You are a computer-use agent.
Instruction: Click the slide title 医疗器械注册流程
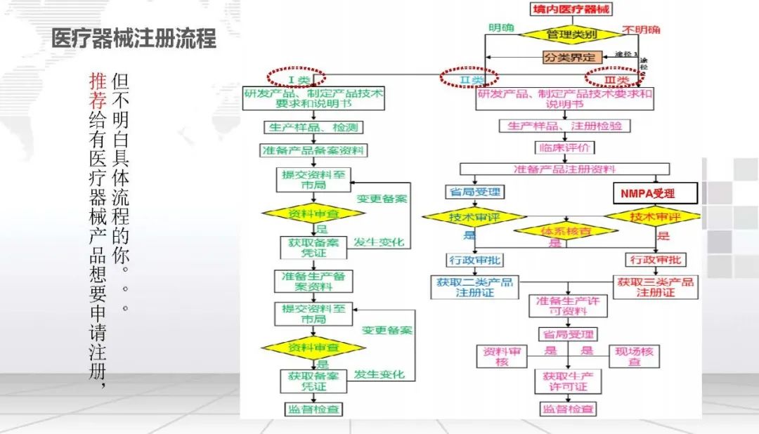tap(134, 39)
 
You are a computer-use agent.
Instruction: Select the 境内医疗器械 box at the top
tap(570, 9)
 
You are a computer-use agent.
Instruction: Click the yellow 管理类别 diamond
tap(570, 34)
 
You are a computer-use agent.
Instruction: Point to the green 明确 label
tap(501, 29)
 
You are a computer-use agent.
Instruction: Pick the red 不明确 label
tap(641, 30)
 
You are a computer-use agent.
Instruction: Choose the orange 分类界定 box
tap(570, 58)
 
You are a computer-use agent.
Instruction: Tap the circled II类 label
tap(469, 78)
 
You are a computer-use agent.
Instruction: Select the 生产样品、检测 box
tap(314, 128)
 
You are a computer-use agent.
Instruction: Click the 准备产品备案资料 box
tap(313, 150)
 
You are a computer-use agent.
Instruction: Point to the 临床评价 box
tap(564, 148)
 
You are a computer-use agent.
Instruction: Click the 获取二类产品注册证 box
tap(474, 287)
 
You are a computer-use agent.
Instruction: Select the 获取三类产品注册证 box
tap(656, 287)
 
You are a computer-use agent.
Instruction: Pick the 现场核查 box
tap(634, 356)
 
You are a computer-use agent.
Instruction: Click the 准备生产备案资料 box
tap(313, 281)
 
